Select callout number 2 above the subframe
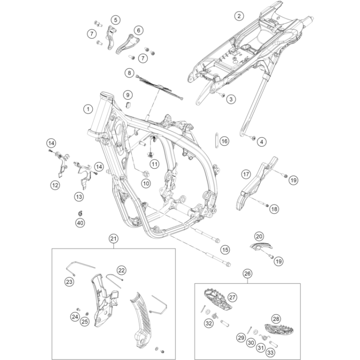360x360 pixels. pyautogui.click(x=238, y=16)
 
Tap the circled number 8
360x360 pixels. pyautogui.click(x=129, y=73)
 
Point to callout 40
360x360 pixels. pyautogui.click(x=80, y=222)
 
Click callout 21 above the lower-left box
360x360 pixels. pyautogui.click(x=113, y=238)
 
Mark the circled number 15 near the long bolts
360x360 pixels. pyautogui.click(x=224, y=250)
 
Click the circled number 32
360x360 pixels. pyautogui.click(x=209, y=323)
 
